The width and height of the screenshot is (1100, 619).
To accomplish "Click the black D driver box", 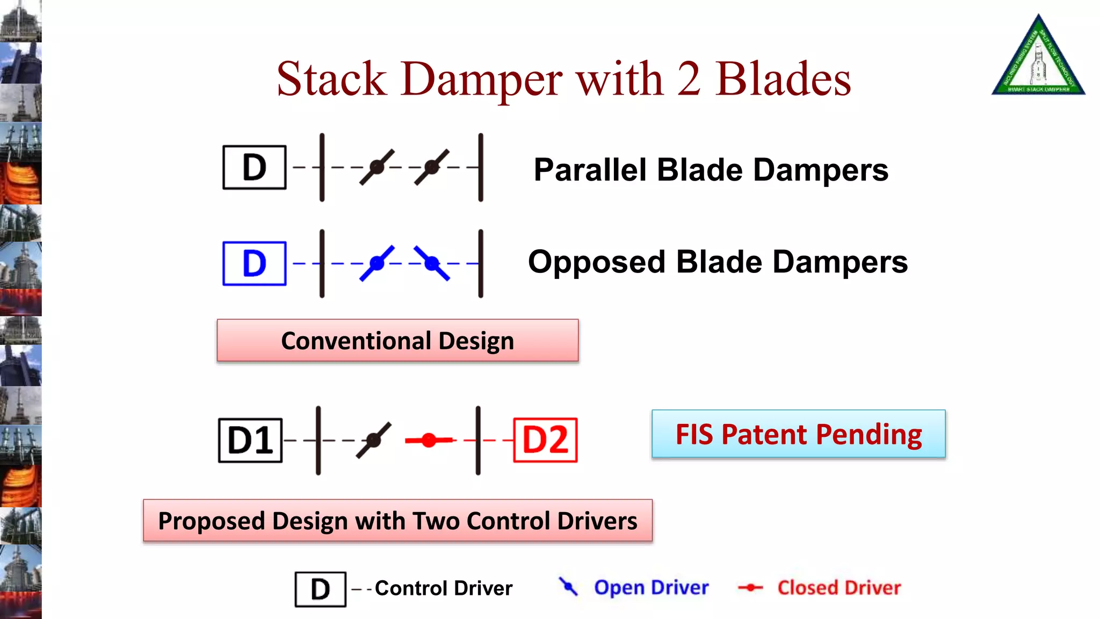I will coord(254,168).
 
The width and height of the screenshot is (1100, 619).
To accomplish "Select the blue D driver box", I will coord(254,263).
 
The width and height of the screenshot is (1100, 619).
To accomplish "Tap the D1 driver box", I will coord(250,440).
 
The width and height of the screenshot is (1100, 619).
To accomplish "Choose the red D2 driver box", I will coord(545,440).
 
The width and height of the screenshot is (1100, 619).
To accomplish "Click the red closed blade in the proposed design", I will coord(429,441).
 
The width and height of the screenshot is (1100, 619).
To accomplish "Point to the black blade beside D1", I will coord(374,440).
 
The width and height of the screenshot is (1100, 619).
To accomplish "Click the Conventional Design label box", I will coord(397,341).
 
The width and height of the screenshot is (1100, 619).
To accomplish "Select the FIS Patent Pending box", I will coord(798,434).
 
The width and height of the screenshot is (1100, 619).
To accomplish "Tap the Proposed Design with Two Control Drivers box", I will coord(397,521).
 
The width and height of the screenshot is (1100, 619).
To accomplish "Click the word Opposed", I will coord(597,262).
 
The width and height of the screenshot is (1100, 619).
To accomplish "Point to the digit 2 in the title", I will coord(689,79).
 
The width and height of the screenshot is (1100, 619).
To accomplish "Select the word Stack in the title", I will coord(331,79).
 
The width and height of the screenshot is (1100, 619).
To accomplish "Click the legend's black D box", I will coord(320,589).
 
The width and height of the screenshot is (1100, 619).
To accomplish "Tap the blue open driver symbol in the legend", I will coord(568,587).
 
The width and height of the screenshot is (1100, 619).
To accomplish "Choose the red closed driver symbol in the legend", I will coord(750,588).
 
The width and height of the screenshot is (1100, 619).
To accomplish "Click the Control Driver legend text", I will coord(444,588).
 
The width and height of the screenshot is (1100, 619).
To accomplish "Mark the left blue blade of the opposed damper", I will coord(377,263).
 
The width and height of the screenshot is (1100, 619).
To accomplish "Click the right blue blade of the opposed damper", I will coord(432,263).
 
